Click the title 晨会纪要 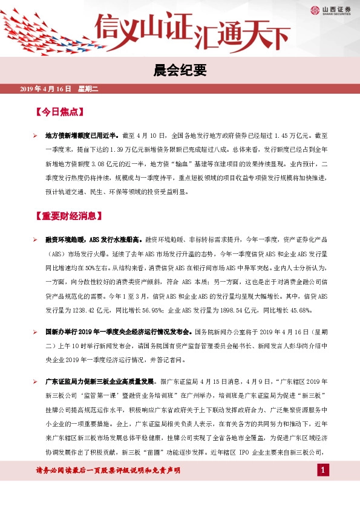click(180, 71)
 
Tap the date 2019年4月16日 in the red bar click(45, 89)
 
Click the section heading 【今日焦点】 click(59, 112)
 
